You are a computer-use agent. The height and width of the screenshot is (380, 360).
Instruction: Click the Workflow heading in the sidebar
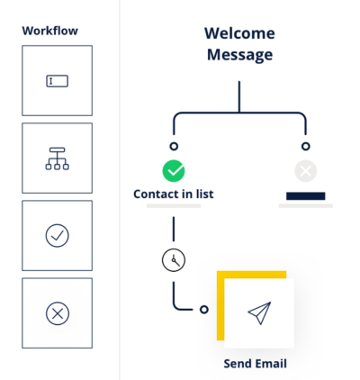(x=49, y=31)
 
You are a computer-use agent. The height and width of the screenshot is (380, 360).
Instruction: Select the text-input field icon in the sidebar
(x=57, y=81)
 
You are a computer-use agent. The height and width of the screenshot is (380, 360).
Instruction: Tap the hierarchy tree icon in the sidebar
(x=57, y=158)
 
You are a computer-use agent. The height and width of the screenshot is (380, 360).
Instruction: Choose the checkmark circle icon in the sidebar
(x=57, y=236)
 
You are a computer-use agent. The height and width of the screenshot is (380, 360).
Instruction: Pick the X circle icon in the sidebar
(x=58, y=313)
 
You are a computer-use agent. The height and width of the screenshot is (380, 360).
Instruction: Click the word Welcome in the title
(x=239, y=33)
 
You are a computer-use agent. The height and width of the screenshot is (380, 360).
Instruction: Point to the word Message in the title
(x=240, y=55)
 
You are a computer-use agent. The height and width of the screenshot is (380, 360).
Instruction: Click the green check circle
(x=174, y=171)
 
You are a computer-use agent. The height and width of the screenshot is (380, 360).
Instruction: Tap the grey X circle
(x=306, y=171)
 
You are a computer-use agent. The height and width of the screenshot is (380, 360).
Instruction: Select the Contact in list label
(x=174, y=194)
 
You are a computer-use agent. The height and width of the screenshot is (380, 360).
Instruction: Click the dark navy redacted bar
(x=306, y=196)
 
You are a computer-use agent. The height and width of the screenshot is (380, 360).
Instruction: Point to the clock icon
(x=174, y=260)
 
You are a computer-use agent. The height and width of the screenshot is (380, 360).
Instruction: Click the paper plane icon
(x=259, y=313)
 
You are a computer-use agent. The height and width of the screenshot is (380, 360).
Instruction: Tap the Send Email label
(x=256, y=364)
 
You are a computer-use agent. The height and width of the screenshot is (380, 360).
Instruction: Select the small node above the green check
(x=174, y=146)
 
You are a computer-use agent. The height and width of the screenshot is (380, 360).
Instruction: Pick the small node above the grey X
(x=306, y=146)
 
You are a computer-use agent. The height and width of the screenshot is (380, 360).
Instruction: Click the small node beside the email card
(x=204, y=309)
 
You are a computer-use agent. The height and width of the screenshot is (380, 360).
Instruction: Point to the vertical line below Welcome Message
(x=239, y=96)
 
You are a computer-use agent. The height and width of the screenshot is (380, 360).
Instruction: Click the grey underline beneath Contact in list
(x=174, y=206)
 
